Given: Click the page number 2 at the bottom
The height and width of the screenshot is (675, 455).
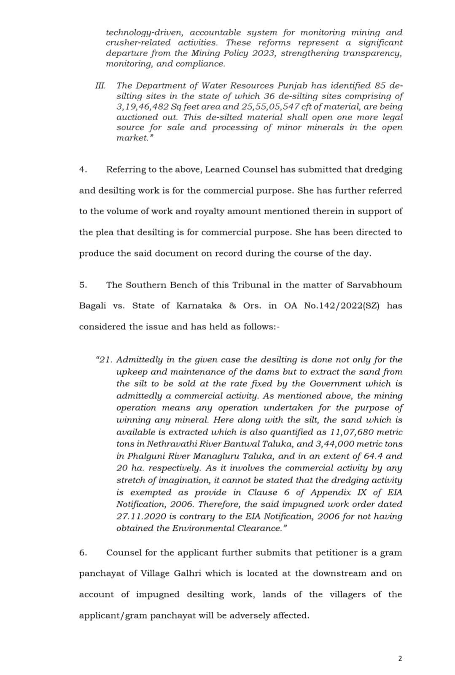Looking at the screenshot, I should click(x=400, y=659).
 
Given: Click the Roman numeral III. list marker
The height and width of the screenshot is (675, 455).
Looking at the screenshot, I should click(x=100, y=86).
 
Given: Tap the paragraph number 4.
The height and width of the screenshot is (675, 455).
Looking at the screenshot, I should click(x=83, y=170).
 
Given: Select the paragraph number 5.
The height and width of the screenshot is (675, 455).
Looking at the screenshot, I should click(x=83, y=285).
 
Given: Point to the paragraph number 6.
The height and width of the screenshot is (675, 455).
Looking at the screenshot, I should click(x=83, y=553).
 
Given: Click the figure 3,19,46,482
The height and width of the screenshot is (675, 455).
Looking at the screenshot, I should click(x=140, y=107).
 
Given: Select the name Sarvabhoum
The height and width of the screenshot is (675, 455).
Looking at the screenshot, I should click(x=374, y=285).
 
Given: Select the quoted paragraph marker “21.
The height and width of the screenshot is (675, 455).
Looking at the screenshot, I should click(x=105, y=360).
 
